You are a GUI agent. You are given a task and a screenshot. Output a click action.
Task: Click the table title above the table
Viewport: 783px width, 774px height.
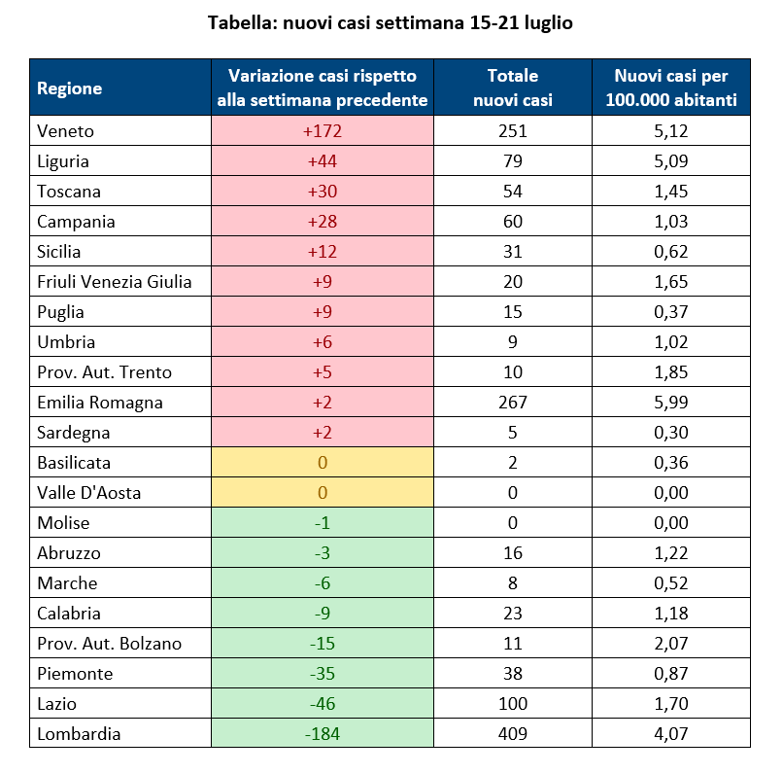pos(390,23)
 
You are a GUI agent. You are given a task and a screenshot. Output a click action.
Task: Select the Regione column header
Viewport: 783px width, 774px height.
pos(69,88)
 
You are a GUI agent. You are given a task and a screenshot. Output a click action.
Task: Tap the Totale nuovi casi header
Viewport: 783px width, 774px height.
pos(512,88)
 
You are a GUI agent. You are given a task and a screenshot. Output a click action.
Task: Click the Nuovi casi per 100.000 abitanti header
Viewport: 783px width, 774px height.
pos(670,88)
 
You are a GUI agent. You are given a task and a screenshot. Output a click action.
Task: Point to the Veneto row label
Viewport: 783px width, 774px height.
pos(65,131)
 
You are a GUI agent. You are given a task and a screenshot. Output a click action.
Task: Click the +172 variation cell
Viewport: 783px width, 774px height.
pos(323,131)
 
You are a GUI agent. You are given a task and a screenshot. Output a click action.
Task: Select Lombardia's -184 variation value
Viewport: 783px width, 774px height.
pos(323,733)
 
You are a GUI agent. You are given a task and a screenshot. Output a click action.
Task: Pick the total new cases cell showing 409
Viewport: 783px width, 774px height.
pos(512,733)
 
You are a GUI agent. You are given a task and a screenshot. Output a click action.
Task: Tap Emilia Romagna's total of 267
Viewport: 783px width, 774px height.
pos(512,402)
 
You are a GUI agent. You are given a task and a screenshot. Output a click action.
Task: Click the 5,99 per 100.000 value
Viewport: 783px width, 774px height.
pos(670,402)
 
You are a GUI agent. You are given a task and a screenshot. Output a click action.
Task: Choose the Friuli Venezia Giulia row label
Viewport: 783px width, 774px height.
pos(115,282)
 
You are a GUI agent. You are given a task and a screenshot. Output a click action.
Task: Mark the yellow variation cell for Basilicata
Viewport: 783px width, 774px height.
pos(323,462)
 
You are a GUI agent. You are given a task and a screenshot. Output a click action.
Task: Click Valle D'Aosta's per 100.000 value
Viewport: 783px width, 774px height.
pos(670,493)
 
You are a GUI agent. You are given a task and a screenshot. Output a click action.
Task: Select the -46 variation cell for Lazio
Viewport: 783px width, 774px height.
pos(323,703)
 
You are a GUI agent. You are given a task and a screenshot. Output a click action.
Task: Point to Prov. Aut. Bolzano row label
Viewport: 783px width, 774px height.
pos(110,643)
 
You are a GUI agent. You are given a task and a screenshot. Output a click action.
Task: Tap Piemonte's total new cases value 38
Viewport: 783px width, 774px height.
pos(512,673)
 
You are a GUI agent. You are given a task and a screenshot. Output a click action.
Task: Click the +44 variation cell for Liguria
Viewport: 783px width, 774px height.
pos(323,160)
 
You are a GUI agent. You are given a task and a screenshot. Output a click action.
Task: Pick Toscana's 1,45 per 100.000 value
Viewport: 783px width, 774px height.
pos(670,192)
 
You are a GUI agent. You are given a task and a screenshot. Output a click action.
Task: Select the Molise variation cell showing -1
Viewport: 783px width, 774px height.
pos(323,523)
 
